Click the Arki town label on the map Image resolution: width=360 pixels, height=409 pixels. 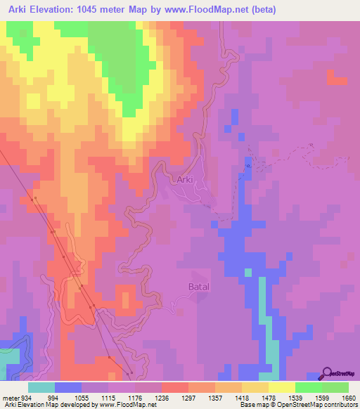tap(184, 180)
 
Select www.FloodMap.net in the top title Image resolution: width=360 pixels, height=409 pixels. tap(212, 10)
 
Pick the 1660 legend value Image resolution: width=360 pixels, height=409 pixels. tap(349, 397)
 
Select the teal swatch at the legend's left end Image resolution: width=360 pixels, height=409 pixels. tap(41, 387)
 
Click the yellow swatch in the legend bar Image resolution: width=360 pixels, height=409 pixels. tap(281, 387)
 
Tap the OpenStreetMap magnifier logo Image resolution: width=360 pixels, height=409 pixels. tap(326, 374)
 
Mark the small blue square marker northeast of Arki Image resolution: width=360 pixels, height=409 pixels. tap(247, 166)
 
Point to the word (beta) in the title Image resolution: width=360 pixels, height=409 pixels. tap(261, 10)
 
